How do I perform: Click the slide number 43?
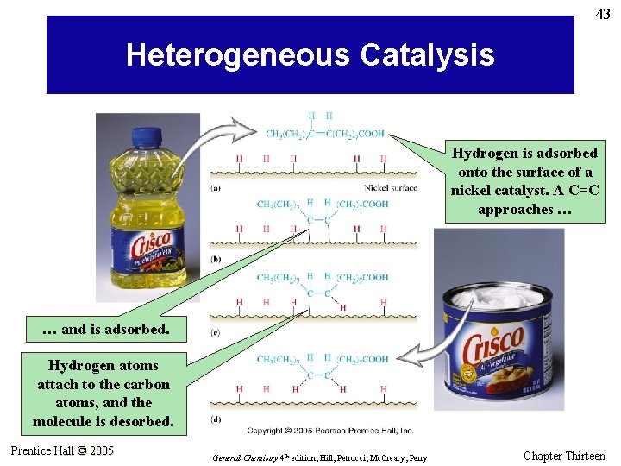(603, 14)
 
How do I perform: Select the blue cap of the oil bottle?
(159, 136)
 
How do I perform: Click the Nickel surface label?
(390, 187)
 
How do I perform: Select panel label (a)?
(216, 187)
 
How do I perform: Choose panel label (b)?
(216, 260)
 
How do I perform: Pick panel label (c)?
(216, 332)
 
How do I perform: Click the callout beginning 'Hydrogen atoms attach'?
(103, 394)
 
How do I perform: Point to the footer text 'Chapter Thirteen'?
(564, 456)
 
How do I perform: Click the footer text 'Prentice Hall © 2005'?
(62, 450)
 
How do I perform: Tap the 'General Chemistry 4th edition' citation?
(319, 457)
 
